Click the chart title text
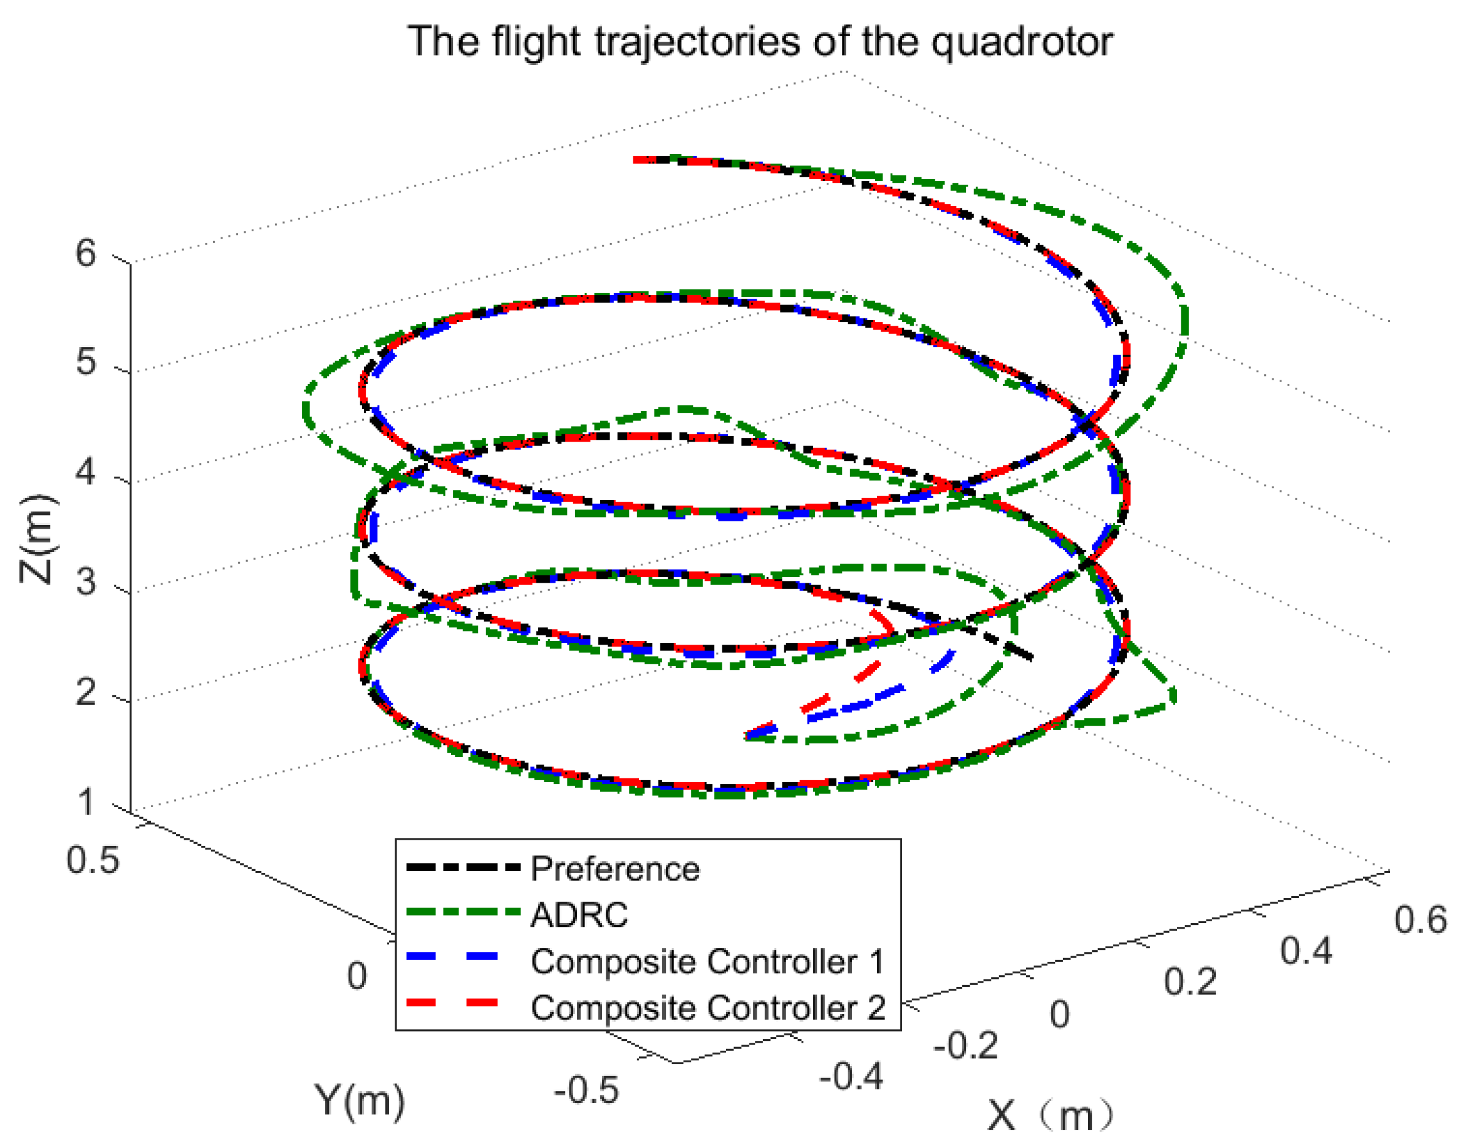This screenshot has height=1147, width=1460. pos(760,42)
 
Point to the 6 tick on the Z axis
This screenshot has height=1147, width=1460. pos(86,254)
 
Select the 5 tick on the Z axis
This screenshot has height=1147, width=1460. pos(86,363)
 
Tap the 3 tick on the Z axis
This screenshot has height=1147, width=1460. pos(86,581)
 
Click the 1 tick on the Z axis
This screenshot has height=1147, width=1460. pos(86,802)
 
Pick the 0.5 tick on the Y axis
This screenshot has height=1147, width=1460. pos(93,860)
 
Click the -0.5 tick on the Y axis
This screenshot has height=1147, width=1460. pos(586,1090)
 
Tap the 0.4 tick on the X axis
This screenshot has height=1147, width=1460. pos(1305,951)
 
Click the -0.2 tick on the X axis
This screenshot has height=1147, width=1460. pos(965,1045)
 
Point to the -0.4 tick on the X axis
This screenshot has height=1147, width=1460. pos(851,1076)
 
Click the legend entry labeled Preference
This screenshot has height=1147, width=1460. pos(615,869)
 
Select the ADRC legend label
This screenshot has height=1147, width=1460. pos(579,915)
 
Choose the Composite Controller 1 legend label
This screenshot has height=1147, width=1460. pos(708,961)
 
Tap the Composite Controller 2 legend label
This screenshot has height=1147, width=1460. pos(708,1007)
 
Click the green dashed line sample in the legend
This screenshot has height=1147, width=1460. pos(463,912)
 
